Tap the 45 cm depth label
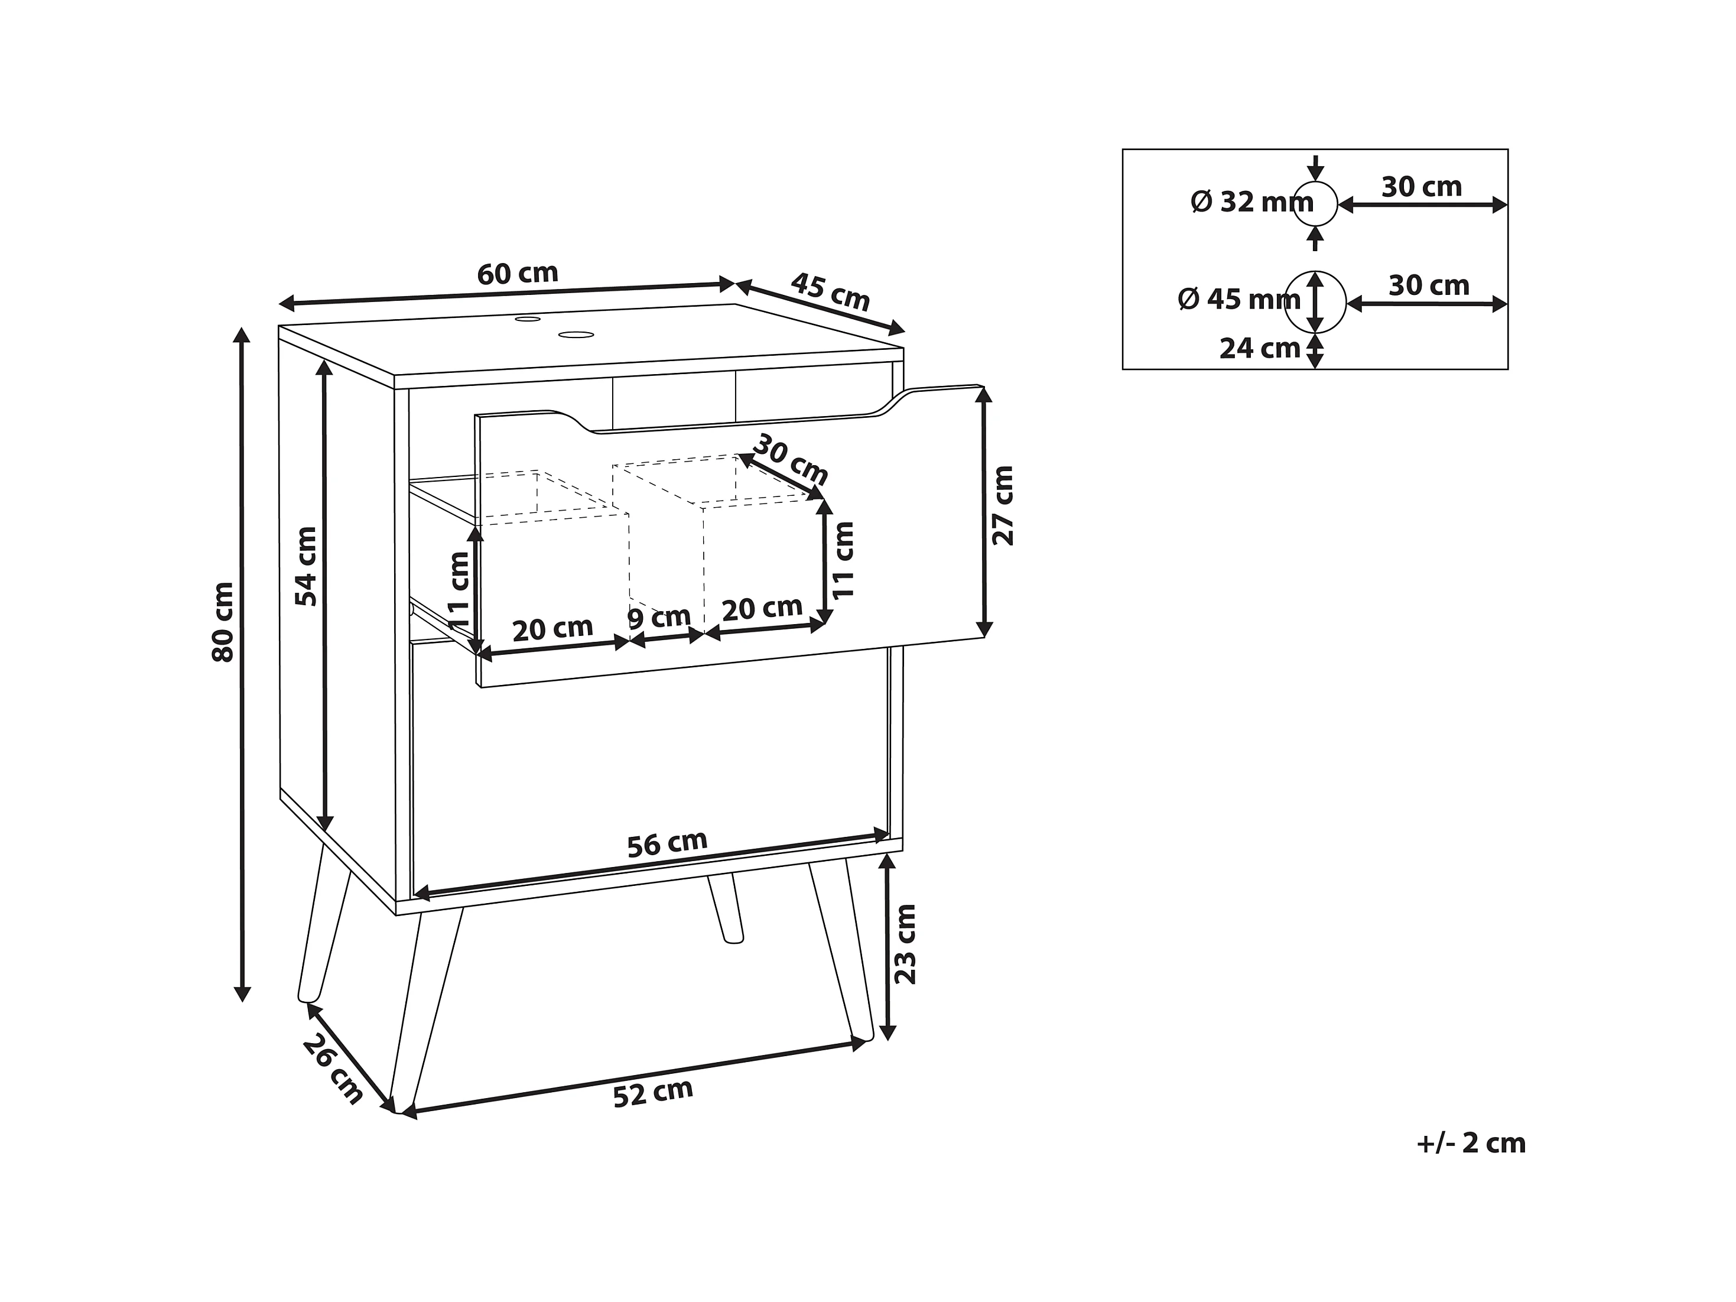830,292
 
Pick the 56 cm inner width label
667,844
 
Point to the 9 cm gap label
659,618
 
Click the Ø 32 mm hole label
1251,203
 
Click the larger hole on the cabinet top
576,335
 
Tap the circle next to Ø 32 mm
1316,204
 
